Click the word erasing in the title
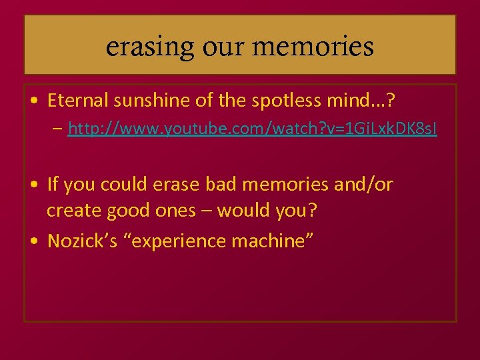click(x=140, y=47)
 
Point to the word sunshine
click(x=140, y=102)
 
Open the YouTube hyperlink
click(x=253, y=129)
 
